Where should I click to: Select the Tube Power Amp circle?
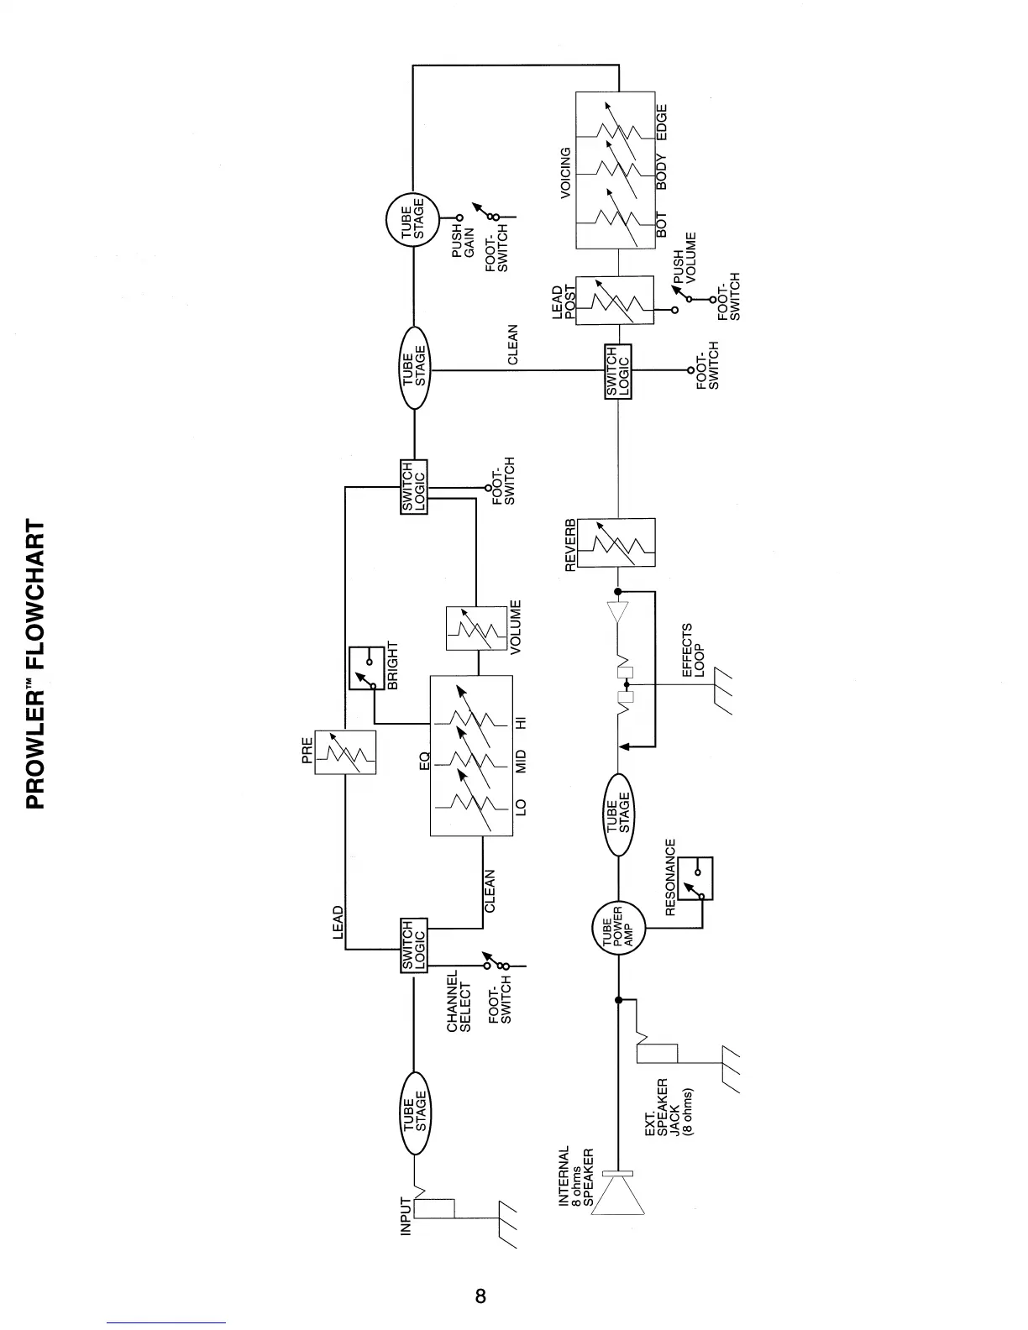[618, 929]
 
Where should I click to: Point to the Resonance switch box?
[695, 878]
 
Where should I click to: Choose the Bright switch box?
[366, 668]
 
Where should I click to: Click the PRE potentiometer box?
[345, 752]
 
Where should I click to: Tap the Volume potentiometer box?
[476, 628]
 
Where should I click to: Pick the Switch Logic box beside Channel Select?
[413, 945]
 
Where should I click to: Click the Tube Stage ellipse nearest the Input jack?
[414, 1110]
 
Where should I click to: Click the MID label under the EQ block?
[521, 761]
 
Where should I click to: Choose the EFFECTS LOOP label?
[692, 650]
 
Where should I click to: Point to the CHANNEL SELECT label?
[459, 1001]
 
